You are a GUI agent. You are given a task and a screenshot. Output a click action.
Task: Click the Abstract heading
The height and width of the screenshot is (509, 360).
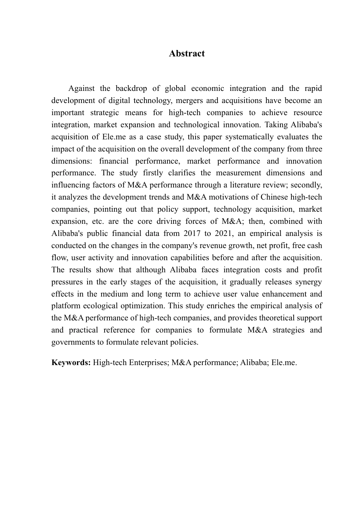186,53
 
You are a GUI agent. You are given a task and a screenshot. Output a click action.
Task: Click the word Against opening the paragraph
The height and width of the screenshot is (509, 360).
81,88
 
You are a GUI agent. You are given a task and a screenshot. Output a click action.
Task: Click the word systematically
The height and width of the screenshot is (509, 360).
246,137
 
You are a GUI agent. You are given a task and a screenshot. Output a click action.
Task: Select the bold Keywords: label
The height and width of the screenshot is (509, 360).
71,362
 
